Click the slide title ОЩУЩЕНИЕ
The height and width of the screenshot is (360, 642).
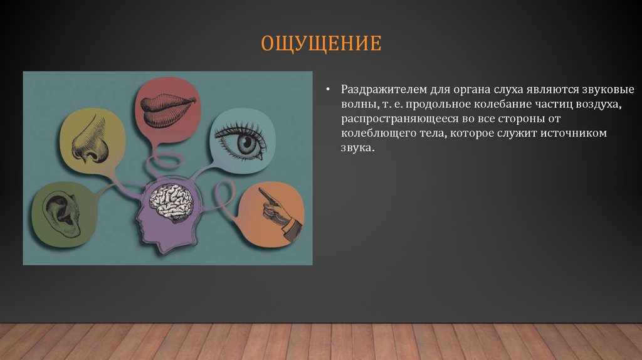pos(320,45)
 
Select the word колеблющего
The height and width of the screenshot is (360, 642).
pos(375,134)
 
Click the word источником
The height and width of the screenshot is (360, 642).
pos(574,134)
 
